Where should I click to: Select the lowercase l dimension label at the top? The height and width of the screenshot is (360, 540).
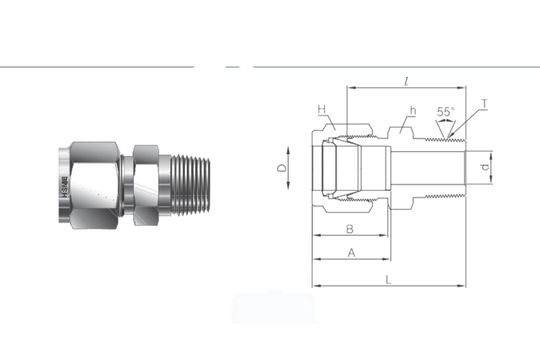[405, 79]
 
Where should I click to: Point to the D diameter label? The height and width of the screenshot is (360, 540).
[283, 168]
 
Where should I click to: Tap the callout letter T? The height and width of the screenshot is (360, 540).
[484, 104]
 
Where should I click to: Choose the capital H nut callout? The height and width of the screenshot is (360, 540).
[322, 109]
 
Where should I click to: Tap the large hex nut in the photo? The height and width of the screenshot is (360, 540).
[95, 182]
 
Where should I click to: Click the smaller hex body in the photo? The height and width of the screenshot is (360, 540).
[145, 182]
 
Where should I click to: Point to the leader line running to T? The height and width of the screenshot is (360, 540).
[468, 120]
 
